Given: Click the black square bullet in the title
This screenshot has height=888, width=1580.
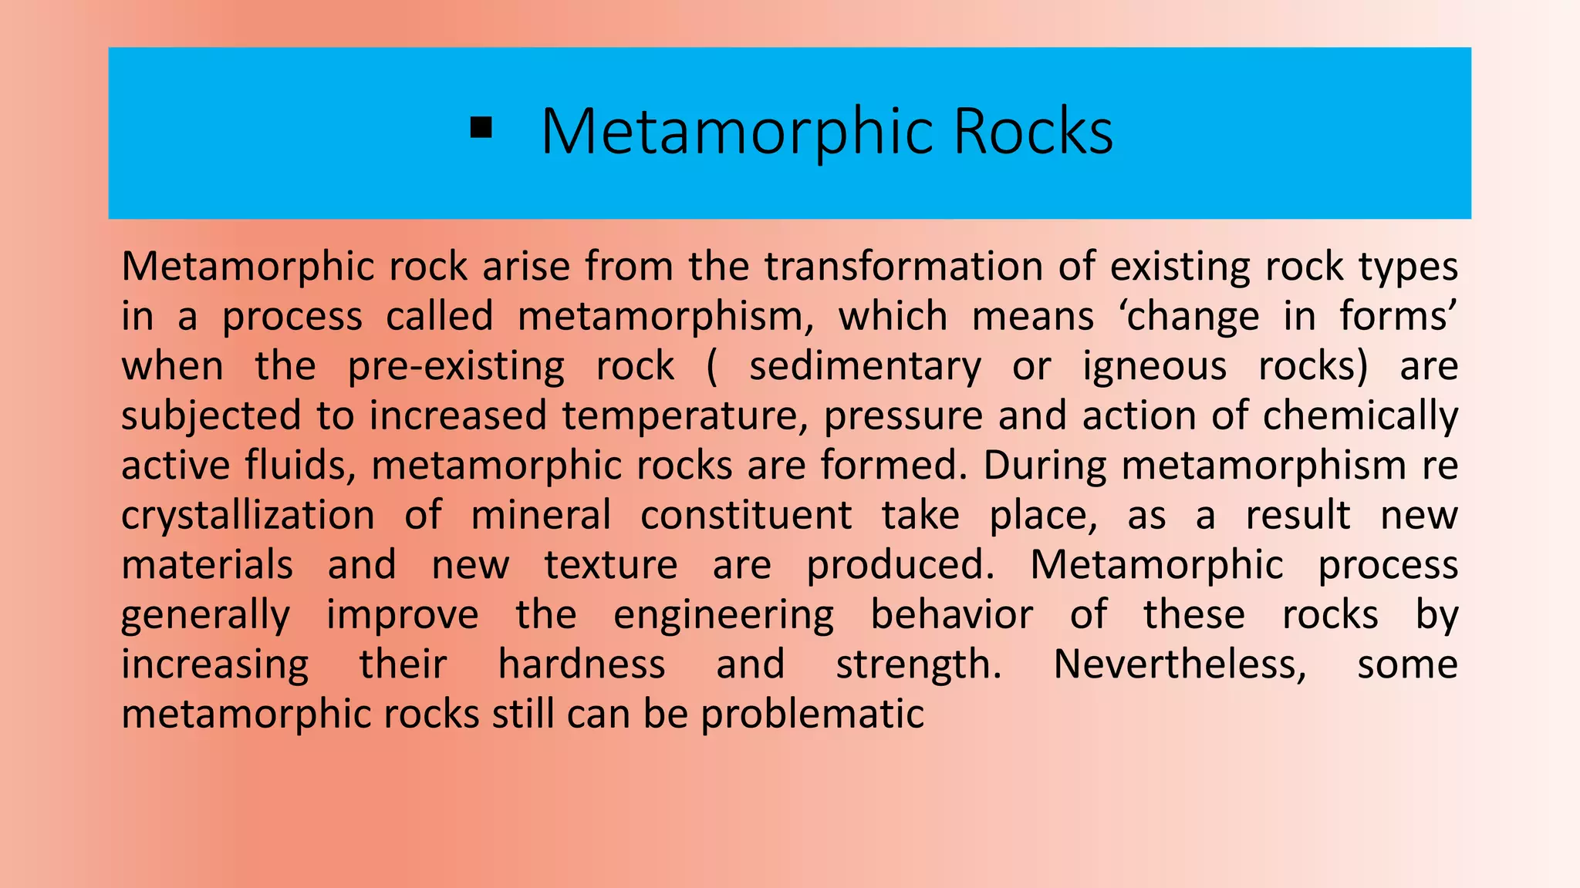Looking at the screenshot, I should tap(481, 129).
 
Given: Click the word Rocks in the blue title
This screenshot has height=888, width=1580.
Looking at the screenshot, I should tap(1033, 131).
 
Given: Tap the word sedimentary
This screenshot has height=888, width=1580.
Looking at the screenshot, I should tap(865, 366).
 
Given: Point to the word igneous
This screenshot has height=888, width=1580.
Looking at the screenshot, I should tap(1154, 366).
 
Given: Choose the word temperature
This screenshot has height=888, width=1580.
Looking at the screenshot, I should tap(680, 416).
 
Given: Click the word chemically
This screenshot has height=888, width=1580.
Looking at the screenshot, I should tap(1360, 416).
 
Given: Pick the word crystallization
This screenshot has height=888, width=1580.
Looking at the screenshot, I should tap(248, 516).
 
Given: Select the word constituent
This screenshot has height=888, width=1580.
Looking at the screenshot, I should tap(746, 516).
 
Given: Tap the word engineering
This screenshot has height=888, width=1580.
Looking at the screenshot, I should tap(724, 615).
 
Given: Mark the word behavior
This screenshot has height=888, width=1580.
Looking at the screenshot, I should tap(951, 615).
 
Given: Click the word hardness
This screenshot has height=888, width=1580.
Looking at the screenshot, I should tap(582, 664).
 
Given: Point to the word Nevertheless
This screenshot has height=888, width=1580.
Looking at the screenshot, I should tap(1180, 664).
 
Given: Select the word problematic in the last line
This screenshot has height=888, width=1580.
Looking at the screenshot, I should tap(812, 715).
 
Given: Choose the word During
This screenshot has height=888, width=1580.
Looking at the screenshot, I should tap(1045, 466).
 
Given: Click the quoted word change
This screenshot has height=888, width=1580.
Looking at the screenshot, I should tap(1193, 317).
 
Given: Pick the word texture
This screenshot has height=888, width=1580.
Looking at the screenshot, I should tap(611, 565).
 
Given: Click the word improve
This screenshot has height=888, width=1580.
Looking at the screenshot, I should tap(402, 615).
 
